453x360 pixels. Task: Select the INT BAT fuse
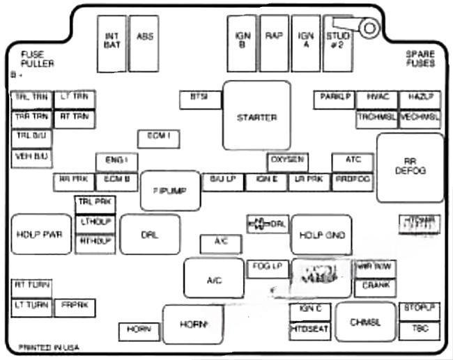point(112,43)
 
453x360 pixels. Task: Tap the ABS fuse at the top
point(144,43)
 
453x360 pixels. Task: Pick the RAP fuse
point(274,43)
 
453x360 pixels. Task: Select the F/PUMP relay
point(170,190)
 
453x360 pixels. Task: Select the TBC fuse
point(420,328)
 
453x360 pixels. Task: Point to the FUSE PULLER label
point(37,59)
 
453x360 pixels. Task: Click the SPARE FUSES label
point(421,58)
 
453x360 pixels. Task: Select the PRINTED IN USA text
point(49,346)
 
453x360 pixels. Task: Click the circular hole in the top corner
point(369,28)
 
